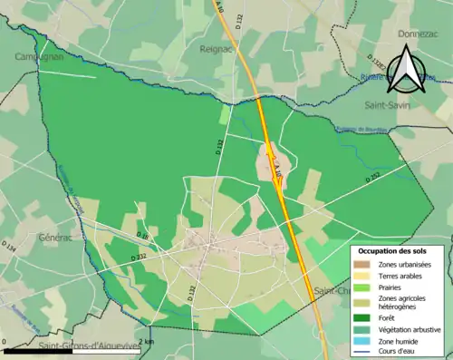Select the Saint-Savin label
pyautogui.click(x=390, y=104)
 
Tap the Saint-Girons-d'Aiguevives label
pyautogui.click(x=91, y=346)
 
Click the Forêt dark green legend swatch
pyautogui.click(x=365, y=317)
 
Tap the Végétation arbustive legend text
pyautogui.click(x=413, y=330)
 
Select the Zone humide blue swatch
pyautogui.click(x=365, y=341)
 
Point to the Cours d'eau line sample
pyautogui.click(x=365, y=352)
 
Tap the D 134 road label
pyautogui.click(x=10, y=247)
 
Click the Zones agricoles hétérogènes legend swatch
pyautogui.click(x=365, y=302)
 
